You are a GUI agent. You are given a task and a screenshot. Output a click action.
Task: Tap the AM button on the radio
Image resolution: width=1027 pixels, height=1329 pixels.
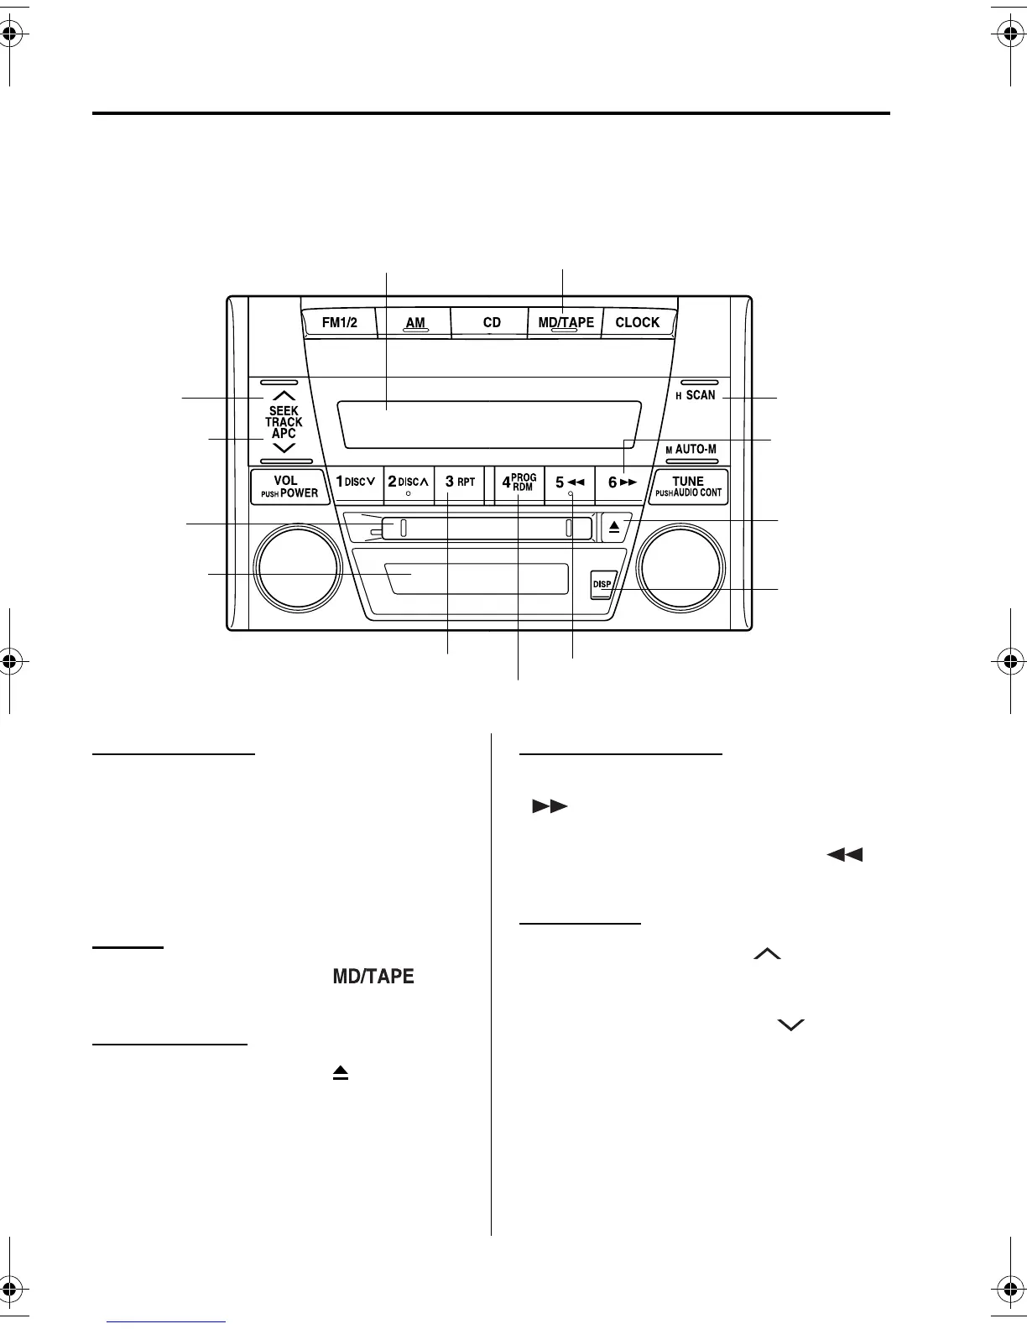(x=415, y=322)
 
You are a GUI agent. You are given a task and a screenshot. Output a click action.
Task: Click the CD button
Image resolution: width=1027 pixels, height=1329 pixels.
(x=492, y=322)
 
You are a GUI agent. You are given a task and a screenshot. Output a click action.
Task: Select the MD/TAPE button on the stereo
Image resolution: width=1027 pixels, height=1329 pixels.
(x=566, y=322)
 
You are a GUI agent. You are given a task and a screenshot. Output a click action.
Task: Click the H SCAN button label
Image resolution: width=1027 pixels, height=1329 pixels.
(x=696, y=395)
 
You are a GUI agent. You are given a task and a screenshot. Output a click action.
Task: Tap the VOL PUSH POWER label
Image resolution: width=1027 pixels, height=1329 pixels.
(x=289, y=487)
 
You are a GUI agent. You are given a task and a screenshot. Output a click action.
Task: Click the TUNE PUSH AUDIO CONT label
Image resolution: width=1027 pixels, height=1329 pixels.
(x=688, y=487)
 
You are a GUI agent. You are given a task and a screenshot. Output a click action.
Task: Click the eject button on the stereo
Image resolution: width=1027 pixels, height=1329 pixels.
(x=614, y=528)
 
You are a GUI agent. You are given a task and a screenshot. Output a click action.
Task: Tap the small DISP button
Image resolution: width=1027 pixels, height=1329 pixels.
(x=602, y=584)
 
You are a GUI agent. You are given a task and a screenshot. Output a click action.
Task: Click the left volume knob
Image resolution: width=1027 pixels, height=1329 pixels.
(x=299, y=568)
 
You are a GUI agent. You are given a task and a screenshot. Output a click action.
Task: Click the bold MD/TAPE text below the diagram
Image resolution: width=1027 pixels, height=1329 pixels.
(x=373, y=977)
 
